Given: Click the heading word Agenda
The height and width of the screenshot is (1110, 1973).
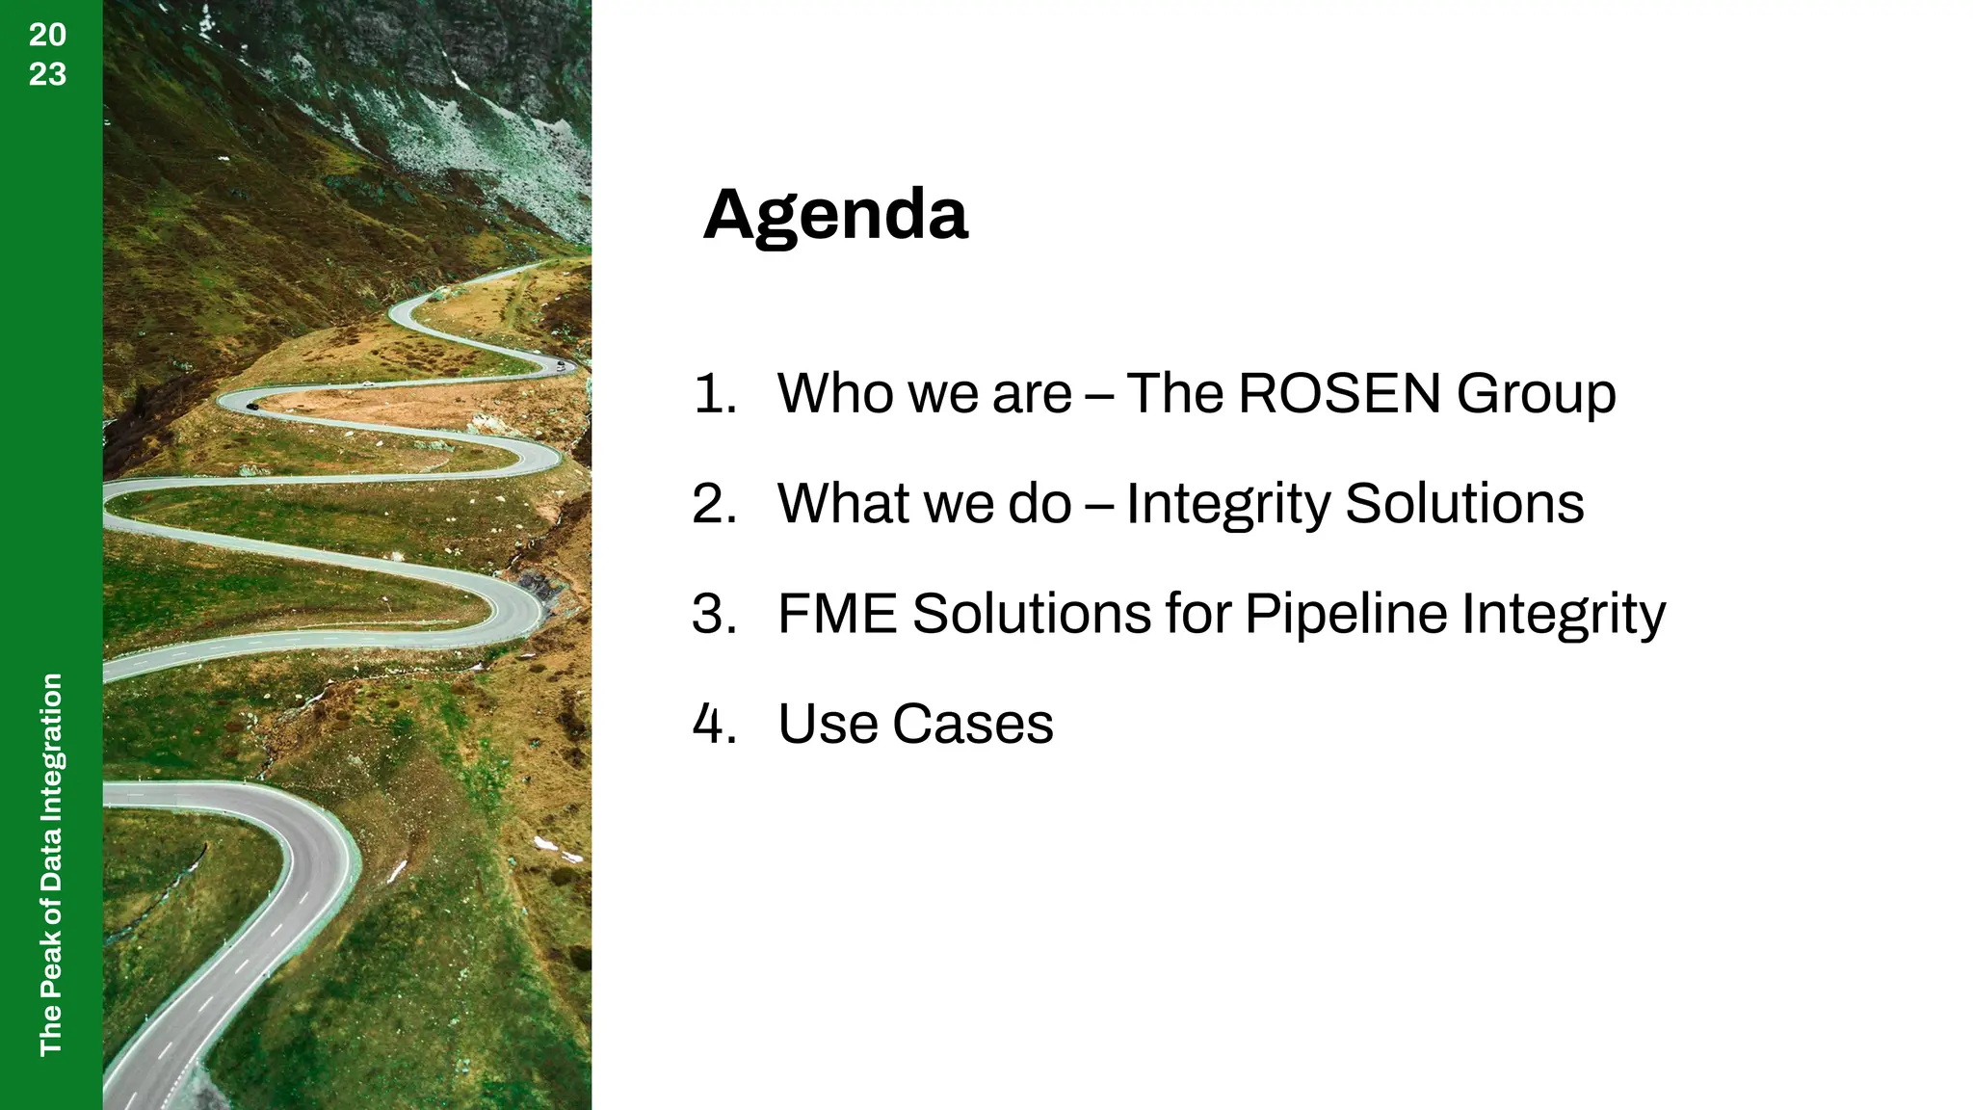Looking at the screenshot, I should point(835,216).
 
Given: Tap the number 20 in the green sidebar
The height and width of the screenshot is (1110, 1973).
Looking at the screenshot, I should point(47,35).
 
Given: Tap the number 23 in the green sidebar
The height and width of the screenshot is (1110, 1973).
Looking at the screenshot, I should point(47,74).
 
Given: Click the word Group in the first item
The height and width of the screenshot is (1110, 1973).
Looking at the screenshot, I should point(1536,395).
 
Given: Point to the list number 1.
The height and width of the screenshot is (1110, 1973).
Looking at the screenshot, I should point(714,395).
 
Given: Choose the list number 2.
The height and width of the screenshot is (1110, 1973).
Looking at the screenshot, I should point(714,504).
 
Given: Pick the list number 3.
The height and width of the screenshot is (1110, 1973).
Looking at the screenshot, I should point(714,615).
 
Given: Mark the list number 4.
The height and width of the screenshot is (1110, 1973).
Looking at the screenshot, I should point(714,725).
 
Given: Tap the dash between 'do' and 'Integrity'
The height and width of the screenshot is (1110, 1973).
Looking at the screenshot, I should point(1098,505).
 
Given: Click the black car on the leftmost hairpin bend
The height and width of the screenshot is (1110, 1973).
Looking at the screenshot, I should point(251,407).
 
